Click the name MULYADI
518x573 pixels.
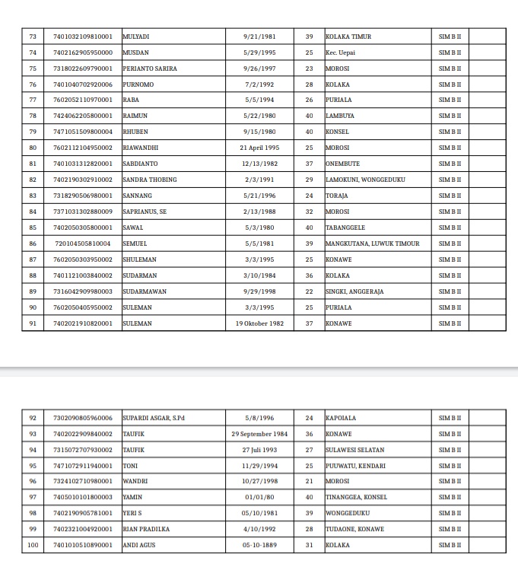[x=136, y=37]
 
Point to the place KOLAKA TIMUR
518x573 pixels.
[x=348, y=37]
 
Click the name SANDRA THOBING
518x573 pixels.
[x=150, y=180]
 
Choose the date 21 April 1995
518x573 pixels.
[x=259, y=148]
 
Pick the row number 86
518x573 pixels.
[x=33, y=244]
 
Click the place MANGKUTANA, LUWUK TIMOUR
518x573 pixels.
[x=373, y=244]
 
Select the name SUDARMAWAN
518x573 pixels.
[x=145, y=291]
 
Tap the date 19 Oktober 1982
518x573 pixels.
[x=259, y=323]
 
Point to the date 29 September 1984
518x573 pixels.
[x=259, y=434]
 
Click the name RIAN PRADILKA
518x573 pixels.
[x=146, y=529]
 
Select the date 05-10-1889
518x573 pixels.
[x=259, y=545]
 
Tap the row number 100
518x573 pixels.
[x=33, y=545]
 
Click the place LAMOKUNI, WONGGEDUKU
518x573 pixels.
[x=365, y=180]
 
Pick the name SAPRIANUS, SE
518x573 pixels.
[x=145, y=212]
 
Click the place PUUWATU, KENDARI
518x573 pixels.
[x=355, y=466]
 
